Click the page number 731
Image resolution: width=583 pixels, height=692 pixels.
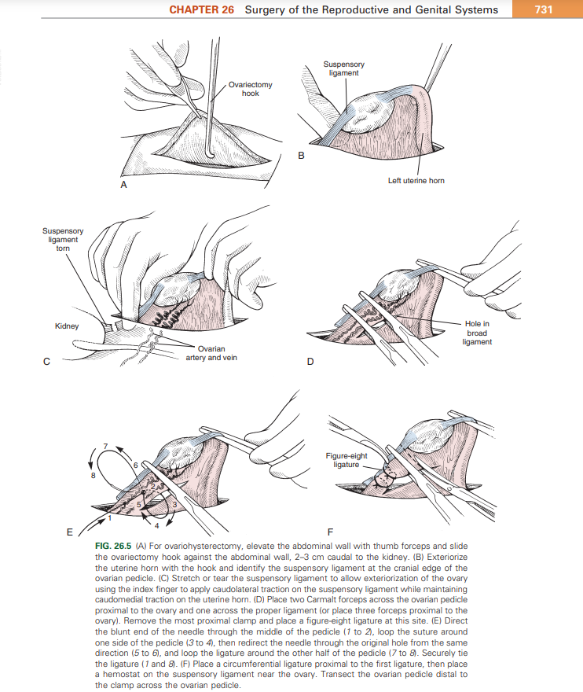[541, 9]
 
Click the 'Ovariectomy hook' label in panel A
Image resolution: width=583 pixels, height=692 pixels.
[250, 88]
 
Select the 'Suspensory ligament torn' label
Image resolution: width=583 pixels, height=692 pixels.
[63, 239]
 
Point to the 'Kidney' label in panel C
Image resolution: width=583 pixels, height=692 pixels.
[67, 326]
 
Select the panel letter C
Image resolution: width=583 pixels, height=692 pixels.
[46, 363]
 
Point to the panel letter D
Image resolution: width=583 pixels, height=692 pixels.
[310, 363]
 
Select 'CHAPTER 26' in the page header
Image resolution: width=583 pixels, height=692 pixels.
[202, 9]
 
